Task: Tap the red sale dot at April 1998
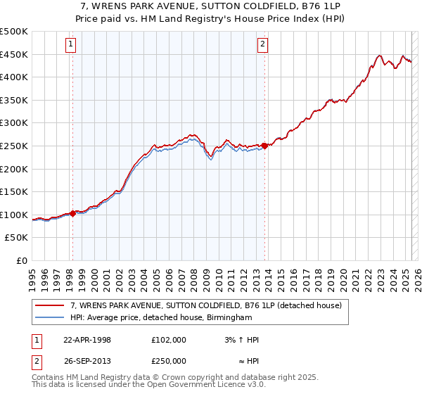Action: (73, 214)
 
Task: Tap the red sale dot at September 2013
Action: (264, 146)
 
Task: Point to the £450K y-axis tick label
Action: (14, 54)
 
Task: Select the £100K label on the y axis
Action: (14, 215)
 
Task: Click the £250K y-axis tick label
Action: (14, 146)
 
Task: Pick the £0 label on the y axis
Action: (21, 260)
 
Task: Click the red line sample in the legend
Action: (50, 306)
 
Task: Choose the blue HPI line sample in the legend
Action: (50, 317)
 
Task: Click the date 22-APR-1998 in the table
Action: (87, 340)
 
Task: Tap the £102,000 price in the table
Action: (169, 340)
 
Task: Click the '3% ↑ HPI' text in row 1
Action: (241, 340)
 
